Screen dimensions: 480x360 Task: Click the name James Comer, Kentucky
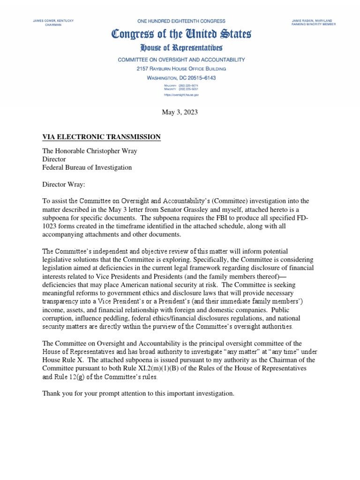[x=53, y=21]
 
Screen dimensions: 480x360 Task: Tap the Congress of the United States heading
[x=181, y=34]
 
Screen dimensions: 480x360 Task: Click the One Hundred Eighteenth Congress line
[x=181, y=21]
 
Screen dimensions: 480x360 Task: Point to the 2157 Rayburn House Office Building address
[x=181, y=68]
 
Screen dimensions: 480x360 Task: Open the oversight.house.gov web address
[x=181, y=95]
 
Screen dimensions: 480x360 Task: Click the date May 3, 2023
[x=180, y=112]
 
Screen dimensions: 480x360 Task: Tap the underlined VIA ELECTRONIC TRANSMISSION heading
[x=102, y=137]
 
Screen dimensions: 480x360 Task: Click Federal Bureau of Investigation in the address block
[x=87, y=167]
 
